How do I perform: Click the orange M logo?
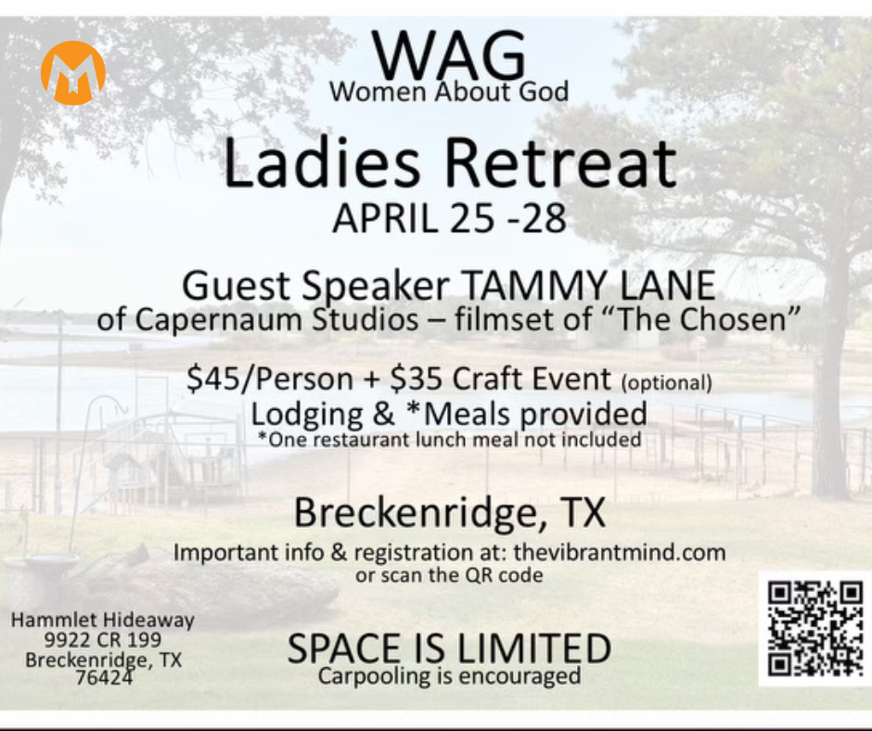(73, 72)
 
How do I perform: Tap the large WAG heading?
(449, 56)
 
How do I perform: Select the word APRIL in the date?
(385, 218)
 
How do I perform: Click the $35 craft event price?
(416, 378)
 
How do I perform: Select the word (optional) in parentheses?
(666, 383)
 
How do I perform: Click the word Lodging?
(307, 414)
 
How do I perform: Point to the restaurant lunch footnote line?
(449, 440)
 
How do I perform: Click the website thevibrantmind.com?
(620, 552)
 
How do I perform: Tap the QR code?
(815, 629)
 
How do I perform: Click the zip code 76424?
(104, 677)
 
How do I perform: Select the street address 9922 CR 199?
(103, 640)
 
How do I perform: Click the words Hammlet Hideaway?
(103, 620)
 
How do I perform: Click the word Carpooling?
(374, 676)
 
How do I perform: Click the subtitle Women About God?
(449, 91)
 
